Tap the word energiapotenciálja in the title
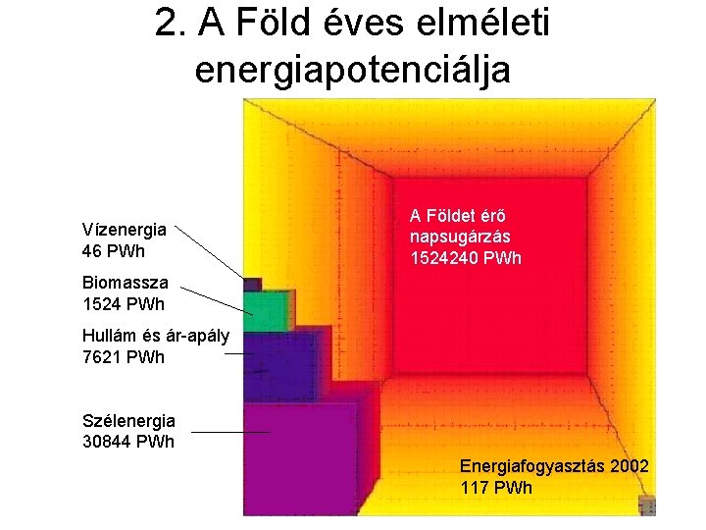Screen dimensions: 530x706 (x=353, y=70)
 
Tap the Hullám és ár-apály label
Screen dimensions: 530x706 (x=155, y=337)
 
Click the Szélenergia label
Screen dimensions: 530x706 (x=128, y=421)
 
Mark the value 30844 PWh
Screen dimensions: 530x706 (x=128, y=441)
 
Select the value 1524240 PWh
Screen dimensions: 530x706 (x=466, y=258)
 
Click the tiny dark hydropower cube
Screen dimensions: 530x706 (x=252, y=285)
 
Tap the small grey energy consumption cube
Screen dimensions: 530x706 (x=646, y=504)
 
